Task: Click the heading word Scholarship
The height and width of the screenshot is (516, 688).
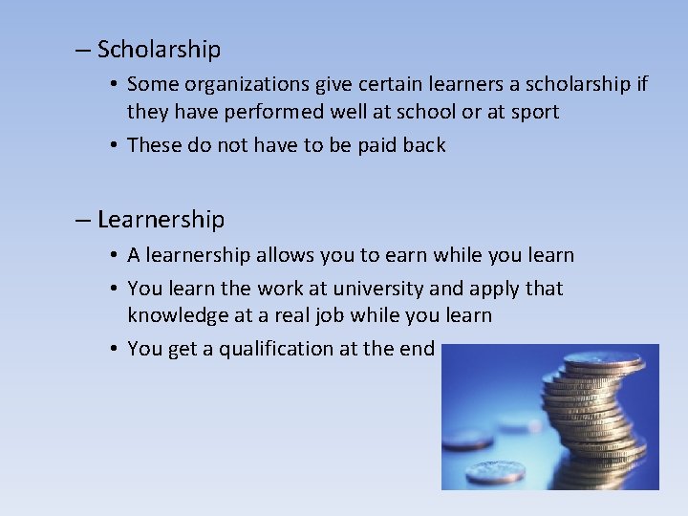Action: click(159, 50)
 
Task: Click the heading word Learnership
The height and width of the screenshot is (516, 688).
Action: click(161, 220)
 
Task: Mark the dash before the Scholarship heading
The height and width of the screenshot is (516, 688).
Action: click(84, 50)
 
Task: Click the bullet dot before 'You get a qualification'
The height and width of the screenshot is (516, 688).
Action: click(113, 350)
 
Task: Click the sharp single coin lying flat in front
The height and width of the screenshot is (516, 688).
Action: click(495, 470)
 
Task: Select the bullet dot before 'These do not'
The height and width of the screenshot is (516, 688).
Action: click(113, 146)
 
